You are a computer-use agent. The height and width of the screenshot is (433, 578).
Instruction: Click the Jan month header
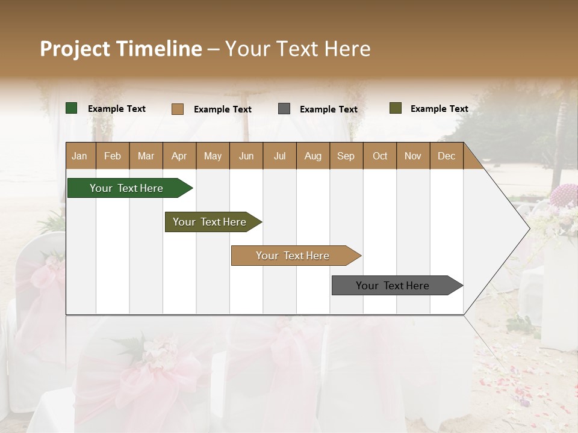click(79, 156)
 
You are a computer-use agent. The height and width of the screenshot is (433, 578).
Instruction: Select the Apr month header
click(179, 156)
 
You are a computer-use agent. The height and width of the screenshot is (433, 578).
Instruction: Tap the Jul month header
click(279, 156)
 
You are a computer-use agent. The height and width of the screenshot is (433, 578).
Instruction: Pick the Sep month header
click(346, 156)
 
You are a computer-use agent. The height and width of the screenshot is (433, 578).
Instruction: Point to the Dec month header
click(446, 156)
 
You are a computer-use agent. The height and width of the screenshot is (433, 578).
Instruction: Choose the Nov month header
click(413, 156)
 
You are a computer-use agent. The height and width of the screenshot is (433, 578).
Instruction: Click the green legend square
click(72, 108)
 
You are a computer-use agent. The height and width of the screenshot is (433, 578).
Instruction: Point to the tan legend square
click(178, 109)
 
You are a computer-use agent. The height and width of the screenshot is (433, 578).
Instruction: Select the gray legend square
click(284, 109)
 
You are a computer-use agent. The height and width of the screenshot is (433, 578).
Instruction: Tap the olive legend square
click(396, 108)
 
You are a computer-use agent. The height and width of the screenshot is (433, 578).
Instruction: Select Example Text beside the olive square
click(440, 109)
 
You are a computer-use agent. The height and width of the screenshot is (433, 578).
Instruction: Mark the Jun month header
click(246, 156)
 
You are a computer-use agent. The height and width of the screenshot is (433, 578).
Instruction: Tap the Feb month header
click(113, 156)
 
